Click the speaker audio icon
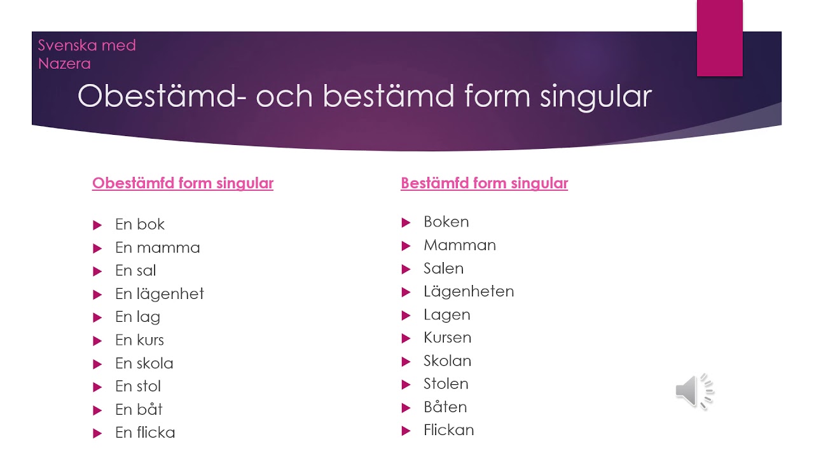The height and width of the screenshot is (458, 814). (694, 391)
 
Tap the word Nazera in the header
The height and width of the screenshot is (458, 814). (64, 64)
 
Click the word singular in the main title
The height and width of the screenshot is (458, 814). (596, 97)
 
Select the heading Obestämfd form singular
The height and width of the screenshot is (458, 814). (183, 183)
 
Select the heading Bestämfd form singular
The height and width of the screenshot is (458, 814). (485, 183)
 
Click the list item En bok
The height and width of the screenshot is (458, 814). (140, 225)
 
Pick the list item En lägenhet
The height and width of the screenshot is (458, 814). (160, 294)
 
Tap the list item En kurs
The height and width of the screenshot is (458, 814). (139, 340)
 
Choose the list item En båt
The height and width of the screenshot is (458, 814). (139, 409)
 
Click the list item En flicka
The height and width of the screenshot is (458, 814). (145, 433)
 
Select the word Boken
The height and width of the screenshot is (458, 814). (446, 222)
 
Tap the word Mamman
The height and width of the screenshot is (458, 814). (460, 245)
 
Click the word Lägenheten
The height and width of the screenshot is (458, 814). (469, 291)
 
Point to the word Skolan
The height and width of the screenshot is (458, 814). (447, 361)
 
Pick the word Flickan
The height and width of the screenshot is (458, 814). (449, 430)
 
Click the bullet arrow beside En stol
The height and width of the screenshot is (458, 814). (97, 387)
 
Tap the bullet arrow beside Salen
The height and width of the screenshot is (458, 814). (406, 269)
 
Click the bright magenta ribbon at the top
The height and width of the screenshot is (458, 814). (719, 38)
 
